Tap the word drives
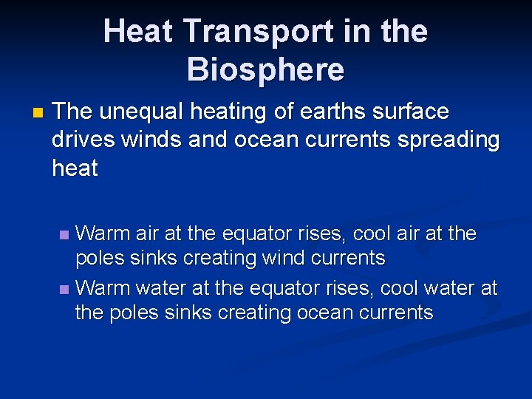point(83,140)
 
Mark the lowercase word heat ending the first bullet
point(75,168)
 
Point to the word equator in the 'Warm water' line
point(287,287)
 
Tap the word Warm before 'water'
point(101,287)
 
